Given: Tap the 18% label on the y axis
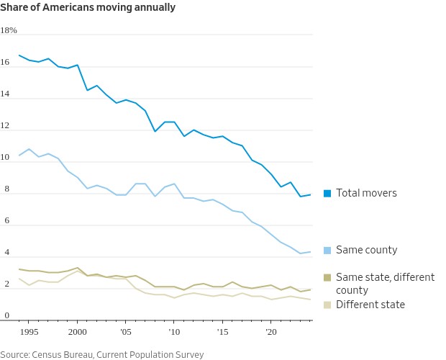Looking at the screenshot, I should coord(9,31).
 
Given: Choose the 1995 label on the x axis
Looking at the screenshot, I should coord(29,332).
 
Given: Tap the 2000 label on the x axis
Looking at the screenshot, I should coord(77,332).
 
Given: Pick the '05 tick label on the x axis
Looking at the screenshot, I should coord(125,332).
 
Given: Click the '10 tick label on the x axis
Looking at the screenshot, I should coord(173,332).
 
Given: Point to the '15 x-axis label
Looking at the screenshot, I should coord(222,332).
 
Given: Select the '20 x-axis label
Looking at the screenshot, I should coord(271,332).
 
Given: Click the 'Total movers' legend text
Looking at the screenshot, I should coord(366,193).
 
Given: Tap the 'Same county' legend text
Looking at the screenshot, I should coord(367,250).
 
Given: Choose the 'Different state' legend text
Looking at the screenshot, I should coord(370,305).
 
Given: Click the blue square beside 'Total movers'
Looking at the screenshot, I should coord(327,193).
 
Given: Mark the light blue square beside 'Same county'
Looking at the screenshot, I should coord(327,250).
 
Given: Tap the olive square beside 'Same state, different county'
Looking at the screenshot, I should coord(327,277).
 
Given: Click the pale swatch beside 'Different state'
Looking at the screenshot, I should coord(327,305).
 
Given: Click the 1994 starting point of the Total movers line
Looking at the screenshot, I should coord(19,55).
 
